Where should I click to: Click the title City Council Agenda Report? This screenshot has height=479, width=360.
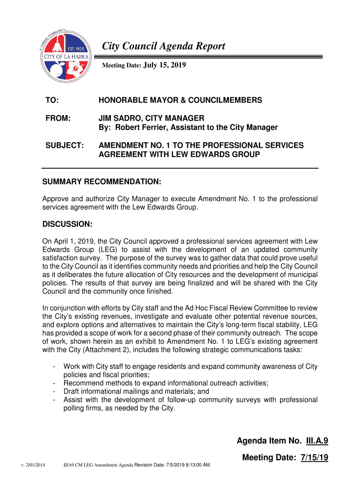(164, 46)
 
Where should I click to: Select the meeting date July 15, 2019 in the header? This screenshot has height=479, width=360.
(164, 66)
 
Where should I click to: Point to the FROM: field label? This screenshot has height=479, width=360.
(58, 119)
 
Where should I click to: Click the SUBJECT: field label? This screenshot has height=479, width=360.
(65, 145)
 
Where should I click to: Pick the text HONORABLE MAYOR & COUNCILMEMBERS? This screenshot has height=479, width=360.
(180, 101)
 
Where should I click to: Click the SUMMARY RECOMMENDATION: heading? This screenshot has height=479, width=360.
(102, 181)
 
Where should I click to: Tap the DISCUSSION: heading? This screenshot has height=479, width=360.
(67, 224)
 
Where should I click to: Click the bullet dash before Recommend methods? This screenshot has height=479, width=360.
(55, 383)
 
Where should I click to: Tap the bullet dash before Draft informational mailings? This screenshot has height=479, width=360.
(55, 392)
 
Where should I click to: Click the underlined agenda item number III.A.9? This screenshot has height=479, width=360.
(317, 441)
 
